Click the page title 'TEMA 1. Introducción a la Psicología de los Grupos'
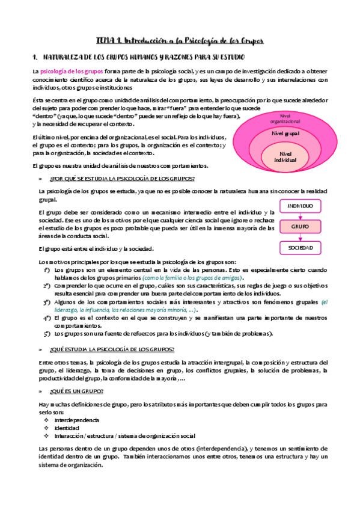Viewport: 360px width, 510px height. click(x=180, y=40)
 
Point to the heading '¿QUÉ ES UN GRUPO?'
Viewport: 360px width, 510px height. click(x=77, y=391)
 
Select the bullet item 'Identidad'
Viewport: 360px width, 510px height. click(x=66, y=428)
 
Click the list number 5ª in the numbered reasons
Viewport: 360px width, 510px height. click(x=46, y=333)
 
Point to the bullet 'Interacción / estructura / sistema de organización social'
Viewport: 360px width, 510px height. click(x=124, y=435)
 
